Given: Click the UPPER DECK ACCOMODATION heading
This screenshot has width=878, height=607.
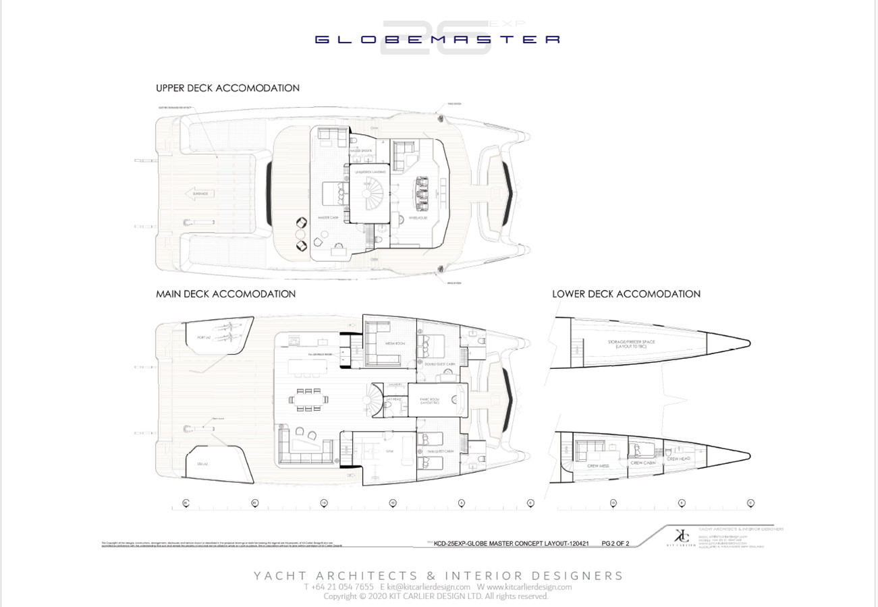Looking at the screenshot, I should pyautogui.click(x=227, y=88).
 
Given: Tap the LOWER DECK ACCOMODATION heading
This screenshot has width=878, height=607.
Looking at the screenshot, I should pyautogui.click(x=626, y=294).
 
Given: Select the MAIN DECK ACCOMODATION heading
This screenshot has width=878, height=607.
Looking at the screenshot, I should pyautogui.click(x=225, y=294).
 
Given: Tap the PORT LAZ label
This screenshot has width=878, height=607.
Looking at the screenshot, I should pyautogui.click(x=205, y=337).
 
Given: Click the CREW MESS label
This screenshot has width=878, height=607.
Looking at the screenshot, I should pyautogui.click(x=594, y=466).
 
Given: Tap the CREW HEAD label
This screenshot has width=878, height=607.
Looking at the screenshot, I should pyautogui.click(x=678, y=459).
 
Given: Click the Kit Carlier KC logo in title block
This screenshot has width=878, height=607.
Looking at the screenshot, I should pyautogui.click(x=682, y=535).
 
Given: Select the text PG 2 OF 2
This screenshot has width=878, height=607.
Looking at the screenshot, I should pyautogui.click(x=615, y=543).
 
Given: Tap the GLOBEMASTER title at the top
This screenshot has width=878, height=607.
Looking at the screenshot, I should pyautogui.click(x=438, y=40).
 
